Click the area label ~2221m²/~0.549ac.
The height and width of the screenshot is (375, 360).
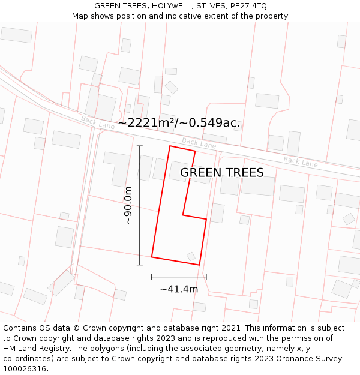(x=179, y=123)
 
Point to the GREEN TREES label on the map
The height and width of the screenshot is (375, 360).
(x=221, y=173)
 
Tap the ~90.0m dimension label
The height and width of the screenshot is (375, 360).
(x=128, y=205)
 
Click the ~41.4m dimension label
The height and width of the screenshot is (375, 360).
(x=179, y=289)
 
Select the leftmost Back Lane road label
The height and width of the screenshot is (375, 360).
(x=97, y=122)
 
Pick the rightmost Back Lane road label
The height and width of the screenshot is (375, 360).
(x=301, y=161)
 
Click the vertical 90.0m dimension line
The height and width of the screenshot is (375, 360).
(x=140, y=205)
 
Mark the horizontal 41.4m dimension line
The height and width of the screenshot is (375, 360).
(x=179, y=277)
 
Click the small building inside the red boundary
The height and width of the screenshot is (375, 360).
(x=191, y=256)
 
